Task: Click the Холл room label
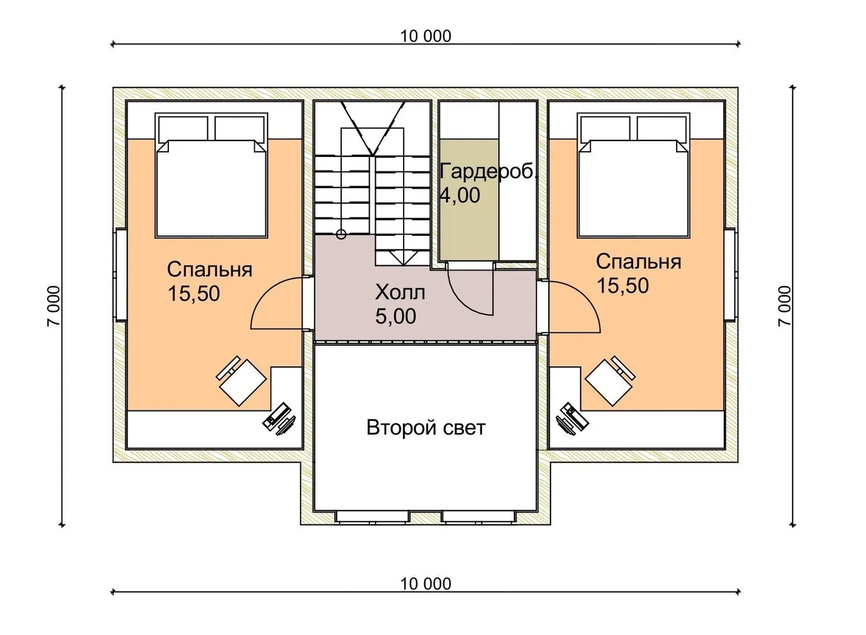point(400,292)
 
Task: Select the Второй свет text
point(426,427)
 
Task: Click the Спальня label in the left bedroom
point(209,269)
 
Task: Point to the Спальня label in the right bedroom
point(638,261)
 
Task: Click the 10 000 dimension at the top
point(426,36)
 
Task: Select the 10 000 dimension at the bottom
point(426,584)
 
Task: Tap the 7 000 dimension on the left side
point(54,306)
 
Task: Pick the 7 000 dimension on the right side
point(786,306)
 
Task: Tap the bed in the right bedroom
point(633,176)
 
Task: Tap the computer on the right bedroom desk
point(568,417)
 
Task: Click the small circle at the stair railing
point(341,235)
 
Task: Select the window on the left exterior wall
point(120,275)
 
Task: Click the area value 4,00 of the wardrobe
point(460,195)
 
